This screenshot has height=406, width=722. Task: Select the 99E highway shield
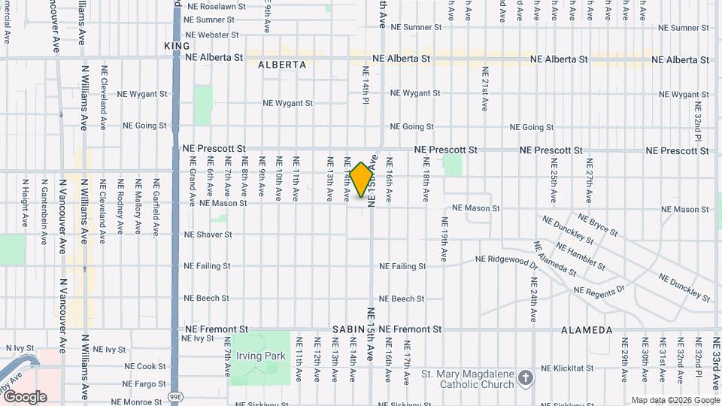click(175, 395)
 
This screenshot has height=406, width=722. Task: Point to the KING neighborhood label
click(173, 46)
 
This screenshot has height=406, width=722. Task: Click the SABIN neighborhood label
click(350, 330)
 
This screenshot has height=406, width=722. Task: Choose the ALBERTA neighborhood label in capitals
click(282, 65)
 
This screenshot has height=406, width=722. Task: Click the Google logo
click(24, 396)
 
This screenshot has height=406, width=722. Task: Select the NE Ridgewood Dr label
click(507, 260)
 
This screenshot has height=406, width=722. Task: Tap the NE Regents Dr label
click(599, 290)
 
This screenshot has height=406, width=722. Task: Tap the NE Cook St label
click(145, 366)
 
